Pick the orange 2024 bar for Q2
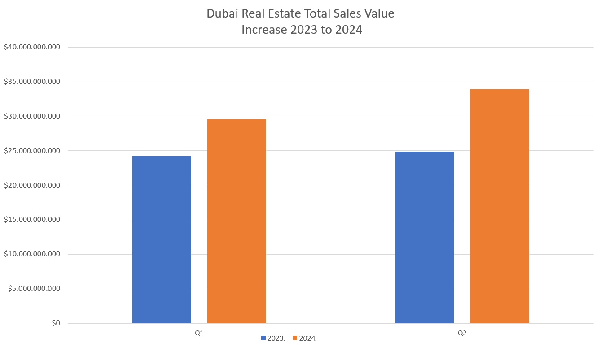(x=500, y=206)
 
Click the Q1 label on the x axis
(x=199, y=333)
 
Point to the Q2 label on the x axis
(x=462, y=333)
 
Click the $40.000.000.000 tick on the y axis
(x=32, y=47)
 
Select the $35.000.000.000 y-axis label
(x=32, y=82)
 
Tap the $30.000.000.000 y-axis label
(x=32, y=116)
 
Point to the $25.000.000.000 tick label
(x=32, y=151)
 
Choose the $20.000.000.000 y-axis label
(x=32, y=185)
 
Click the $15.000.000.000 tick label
(x=32, y=220)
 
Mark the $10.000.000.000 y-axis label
(x=32, y=254)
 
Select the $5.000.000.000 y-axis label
(x=34, y=289)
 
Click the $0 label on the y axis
(x=56, y=323)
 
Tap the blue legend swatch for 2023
(x=263, y=338)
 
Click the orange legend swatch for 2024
(x=295, y=338)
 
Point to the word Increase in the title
(x=264, y=30)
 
